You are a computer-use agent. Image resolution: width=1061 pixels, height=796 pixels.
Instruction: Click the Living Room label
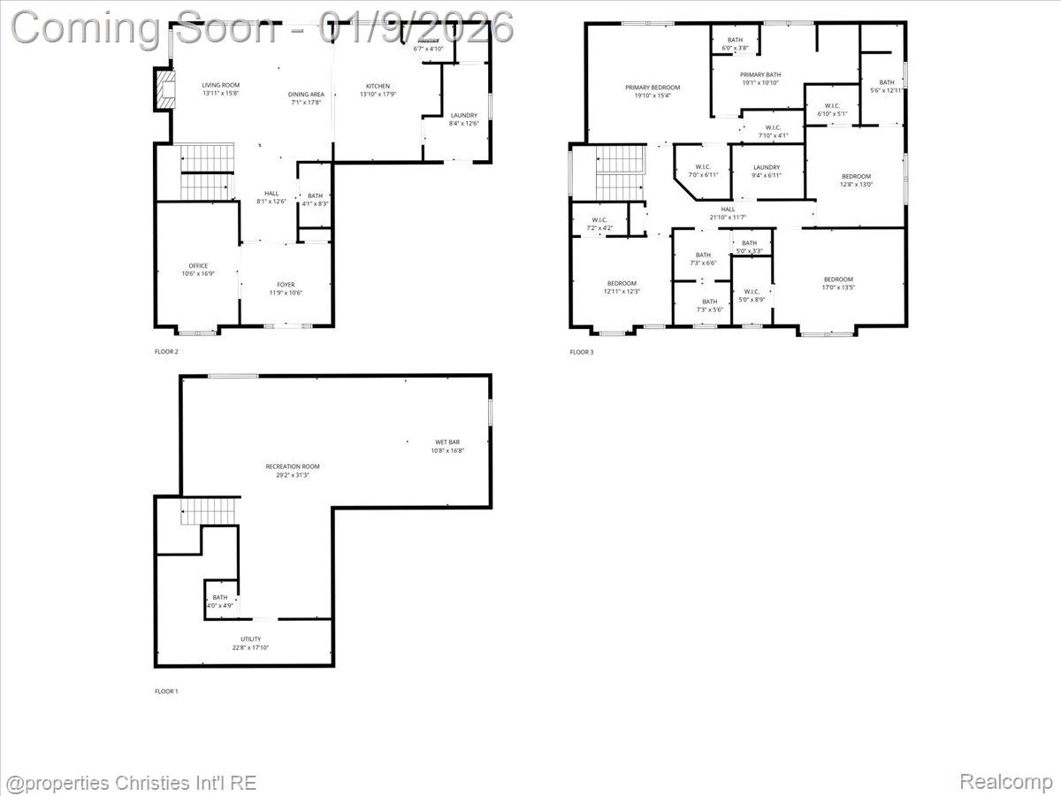tap(220, 85)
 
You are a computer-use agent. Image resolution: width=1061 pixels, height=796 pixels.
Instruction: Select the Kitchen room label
tap(378, 86)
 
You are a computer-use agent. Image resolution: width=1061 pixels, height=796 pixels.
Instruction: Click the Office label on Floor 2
tap(198, 265)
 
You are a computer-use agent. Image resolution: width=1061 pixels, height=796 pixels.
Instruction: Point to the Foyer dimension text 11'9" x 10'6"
tap(286, 293)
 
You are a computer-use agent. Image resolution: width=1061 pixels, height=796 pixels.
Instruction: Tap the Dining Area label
tap(306, 95)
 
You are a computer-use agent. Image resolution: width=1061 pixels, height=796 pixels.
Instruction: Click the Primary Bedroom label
tap(653, 87)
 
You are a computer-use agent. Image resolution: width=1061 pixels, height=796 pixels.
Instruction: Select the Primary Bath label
tap(759, 75)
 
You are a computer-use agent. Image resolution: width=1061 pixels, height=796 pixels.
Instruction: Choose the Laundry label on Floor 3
tap(767, 167)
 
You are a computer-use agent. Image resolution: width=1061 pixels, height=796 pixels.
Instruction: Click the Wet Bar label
tap(447, 441)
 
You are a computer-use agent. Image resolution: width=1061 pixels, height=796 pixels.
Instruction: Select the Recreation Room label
tap(293, 466)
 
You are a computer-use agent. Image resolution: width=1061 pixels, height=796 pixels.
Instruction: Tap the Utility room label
tap(250, 639)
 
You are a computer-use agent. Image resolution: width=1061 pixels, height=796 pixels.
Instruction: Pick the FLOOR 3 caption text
tap(582, 352)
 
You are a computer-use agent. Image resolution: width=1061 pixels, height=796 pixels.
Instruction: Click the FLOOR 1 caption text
tap(166, 691)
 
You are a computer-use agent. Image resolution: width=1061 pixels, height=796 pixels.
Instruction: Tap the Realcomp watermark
tap(1005, 781)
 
